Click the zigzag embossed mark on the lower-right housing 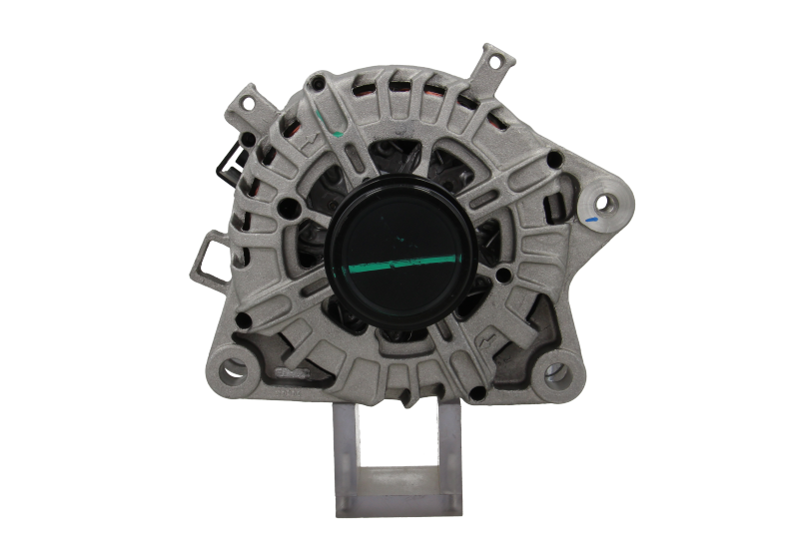[488, 338]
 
